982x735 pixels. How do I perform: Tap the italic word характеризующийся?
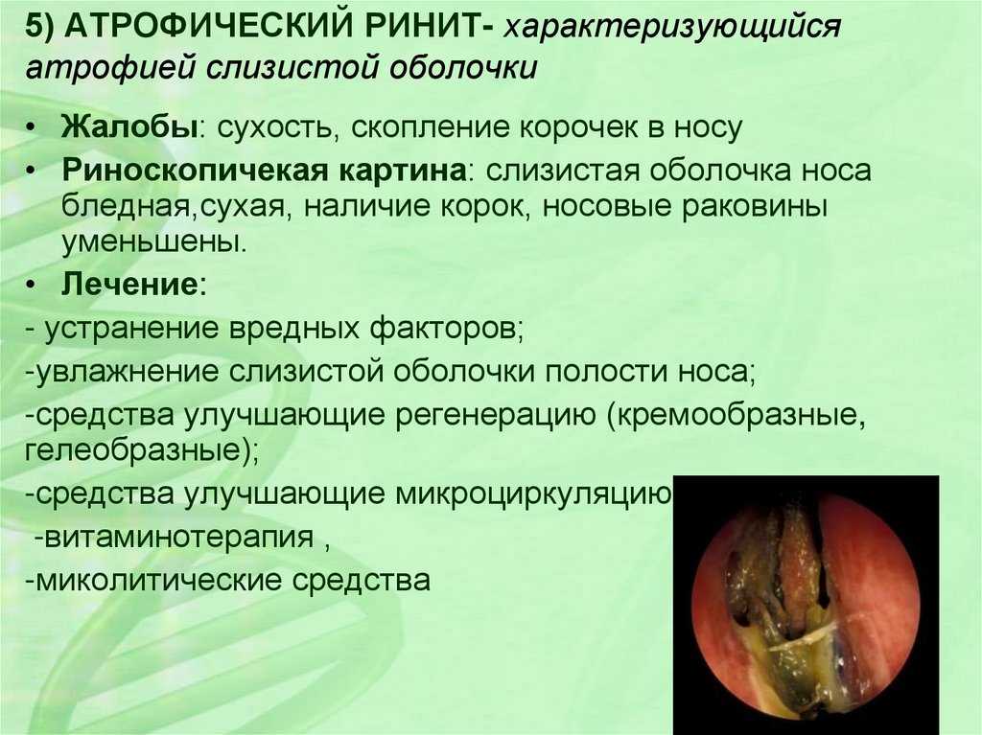(673, 29)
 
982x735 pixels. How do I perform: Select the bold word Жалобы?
(129, 126)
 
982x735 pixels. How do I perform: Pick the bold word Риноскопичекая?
(194, 171)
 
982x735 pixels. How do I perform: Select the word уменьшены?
(154, 242)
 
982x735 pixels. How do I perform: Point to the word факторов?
(446, 328)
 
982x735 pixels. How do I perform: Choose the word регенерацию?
(496, 416)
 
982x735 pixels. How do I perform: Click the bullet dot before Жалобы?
(32, 129)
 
